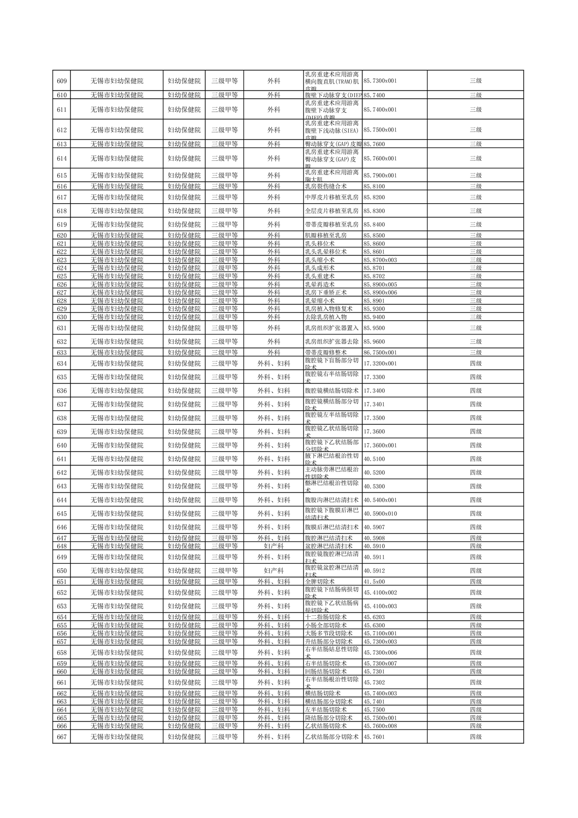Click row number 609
[62, 81]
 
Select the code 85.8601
[374, 252]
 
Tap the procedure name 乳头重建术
[320, 276]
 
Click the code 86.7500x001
[380, 352]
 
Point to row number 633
[62, 352]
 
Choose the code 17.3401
[374, 404]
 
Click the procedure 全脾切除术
[320, 582]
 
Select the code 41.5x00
[374, 582]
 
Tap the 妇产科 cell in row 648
[273, 546]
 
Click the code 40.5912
[374, 571]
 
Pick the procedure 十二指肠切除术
[323, 617]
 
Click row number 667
[62, 737]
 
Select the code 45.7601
[374, 737]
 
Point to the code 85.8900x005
[380, 284]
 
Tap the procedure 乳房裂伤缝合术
[325, 186]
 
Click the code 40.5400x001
[380, 500]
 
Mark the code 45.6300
[374, 626]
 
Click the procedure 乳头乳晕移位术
[325, 252]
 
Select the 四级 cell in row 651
[476, 582]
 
